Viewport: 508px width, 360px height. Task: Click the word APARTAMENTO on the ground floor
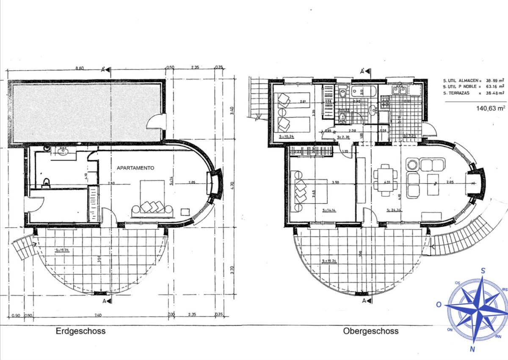tap(135, 168)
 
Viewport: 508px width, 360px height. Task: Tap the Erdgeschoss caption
tap(80, 331)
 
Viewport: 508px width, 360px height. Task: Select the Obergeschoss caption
tap(371, 331)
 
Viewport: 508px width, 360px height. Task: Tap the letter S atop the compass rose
tap(483, 271)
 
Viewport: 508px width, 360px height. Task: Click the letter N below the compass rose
tap(472, 349)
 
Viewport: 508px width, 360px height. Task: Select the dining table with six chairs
tap(384, 180)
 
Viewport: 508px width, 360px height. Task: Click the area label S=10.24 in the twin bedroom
tap(287, 136)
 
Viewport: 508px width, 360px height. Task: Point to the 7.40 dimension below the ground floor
tap(99, 315)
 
